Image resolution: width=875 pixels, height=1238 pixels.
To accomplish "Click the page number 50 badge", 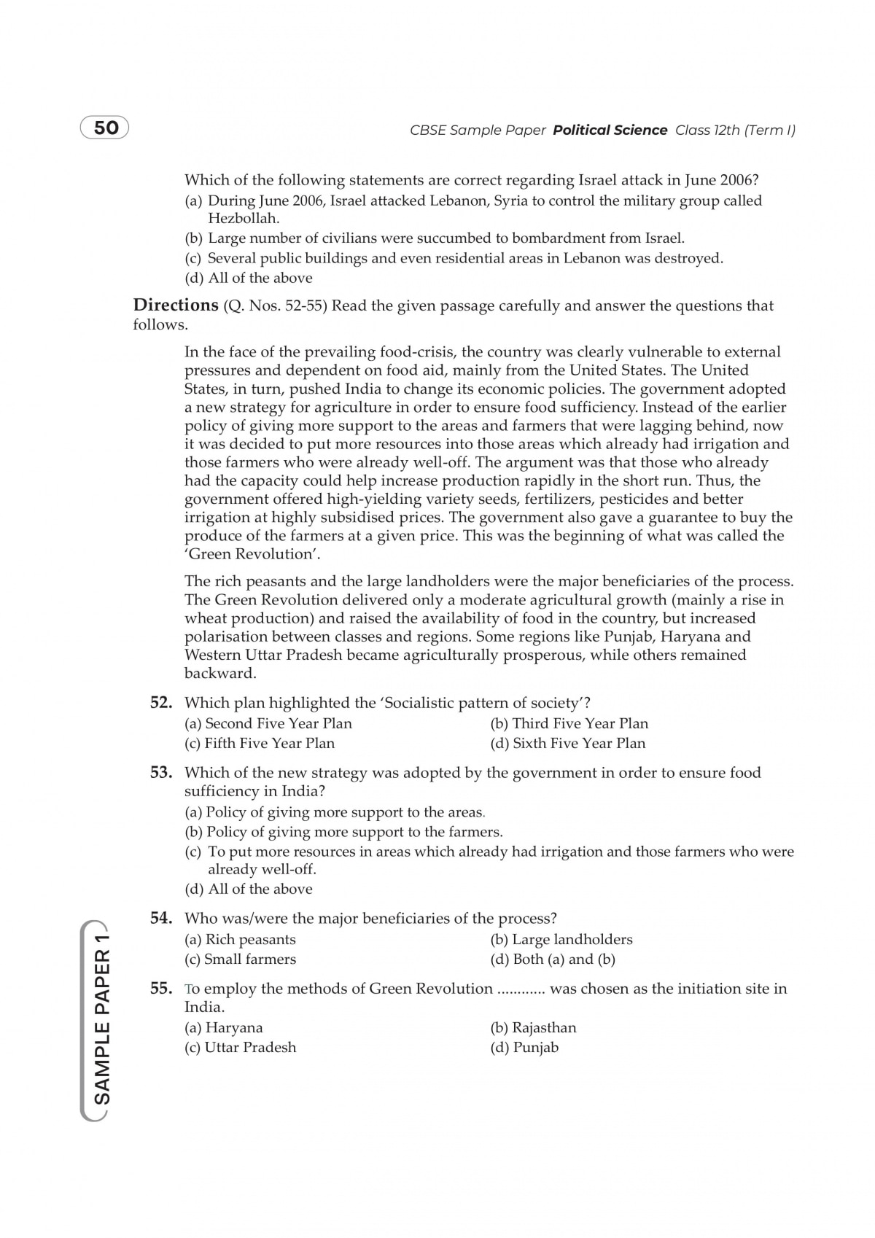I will [x=105, y=128].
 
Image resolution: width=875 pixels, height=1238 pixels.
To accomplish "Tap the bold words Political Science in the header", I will [x=610, y=131].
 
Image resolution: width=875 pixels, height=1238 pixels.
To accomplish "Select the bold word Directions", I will [x=176, y=305].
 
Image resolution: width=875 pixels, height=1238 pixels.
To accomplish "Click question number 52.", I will [x=161, y=703].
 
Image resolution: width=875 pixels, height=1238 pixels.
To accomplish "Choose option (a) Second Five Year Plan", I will [x=268, y=723].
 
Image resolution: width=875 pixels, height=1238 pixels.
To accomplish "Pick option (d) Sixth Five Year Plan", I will [x=568, y=744].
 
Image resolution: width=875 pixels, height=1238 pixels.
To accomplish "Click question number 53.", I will [x=161, y=773].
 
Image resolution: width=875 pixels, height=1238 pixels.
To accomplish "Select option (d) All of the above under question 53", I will [x=249, y=889].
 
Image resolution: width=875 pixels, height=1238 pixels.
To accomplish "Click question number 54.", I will [x=161, y=919].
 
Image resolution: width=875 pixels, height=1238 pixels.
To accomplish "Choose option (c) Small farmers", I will [x=241, y=959].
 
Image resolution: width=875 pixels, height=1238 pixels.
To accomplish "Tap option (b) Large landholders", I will [x=561, y=940].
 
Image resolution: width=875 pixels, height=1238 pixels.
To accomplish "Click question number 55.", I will [x=161, y=989].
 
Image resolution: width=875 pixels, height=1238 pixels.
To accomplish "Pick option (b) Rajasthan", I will [x=533, y=1028].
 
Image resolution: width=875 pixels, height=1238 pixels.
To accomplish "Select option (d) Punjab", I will [x=525, y=1048].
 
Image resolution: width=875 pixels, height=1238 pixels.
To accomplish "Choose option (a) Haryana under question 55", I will [x=224, y=1028].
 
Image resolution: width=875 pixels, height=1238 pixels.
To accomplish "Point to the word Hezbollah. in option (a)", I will [x=244, y=218].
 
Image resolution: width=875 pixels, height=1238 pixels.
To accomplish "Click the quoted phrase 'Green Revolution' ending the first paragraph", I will [x=252, y=554].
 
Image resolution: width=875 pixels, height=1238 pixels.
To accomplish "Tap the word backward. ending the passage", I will [x=220, y=673].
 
